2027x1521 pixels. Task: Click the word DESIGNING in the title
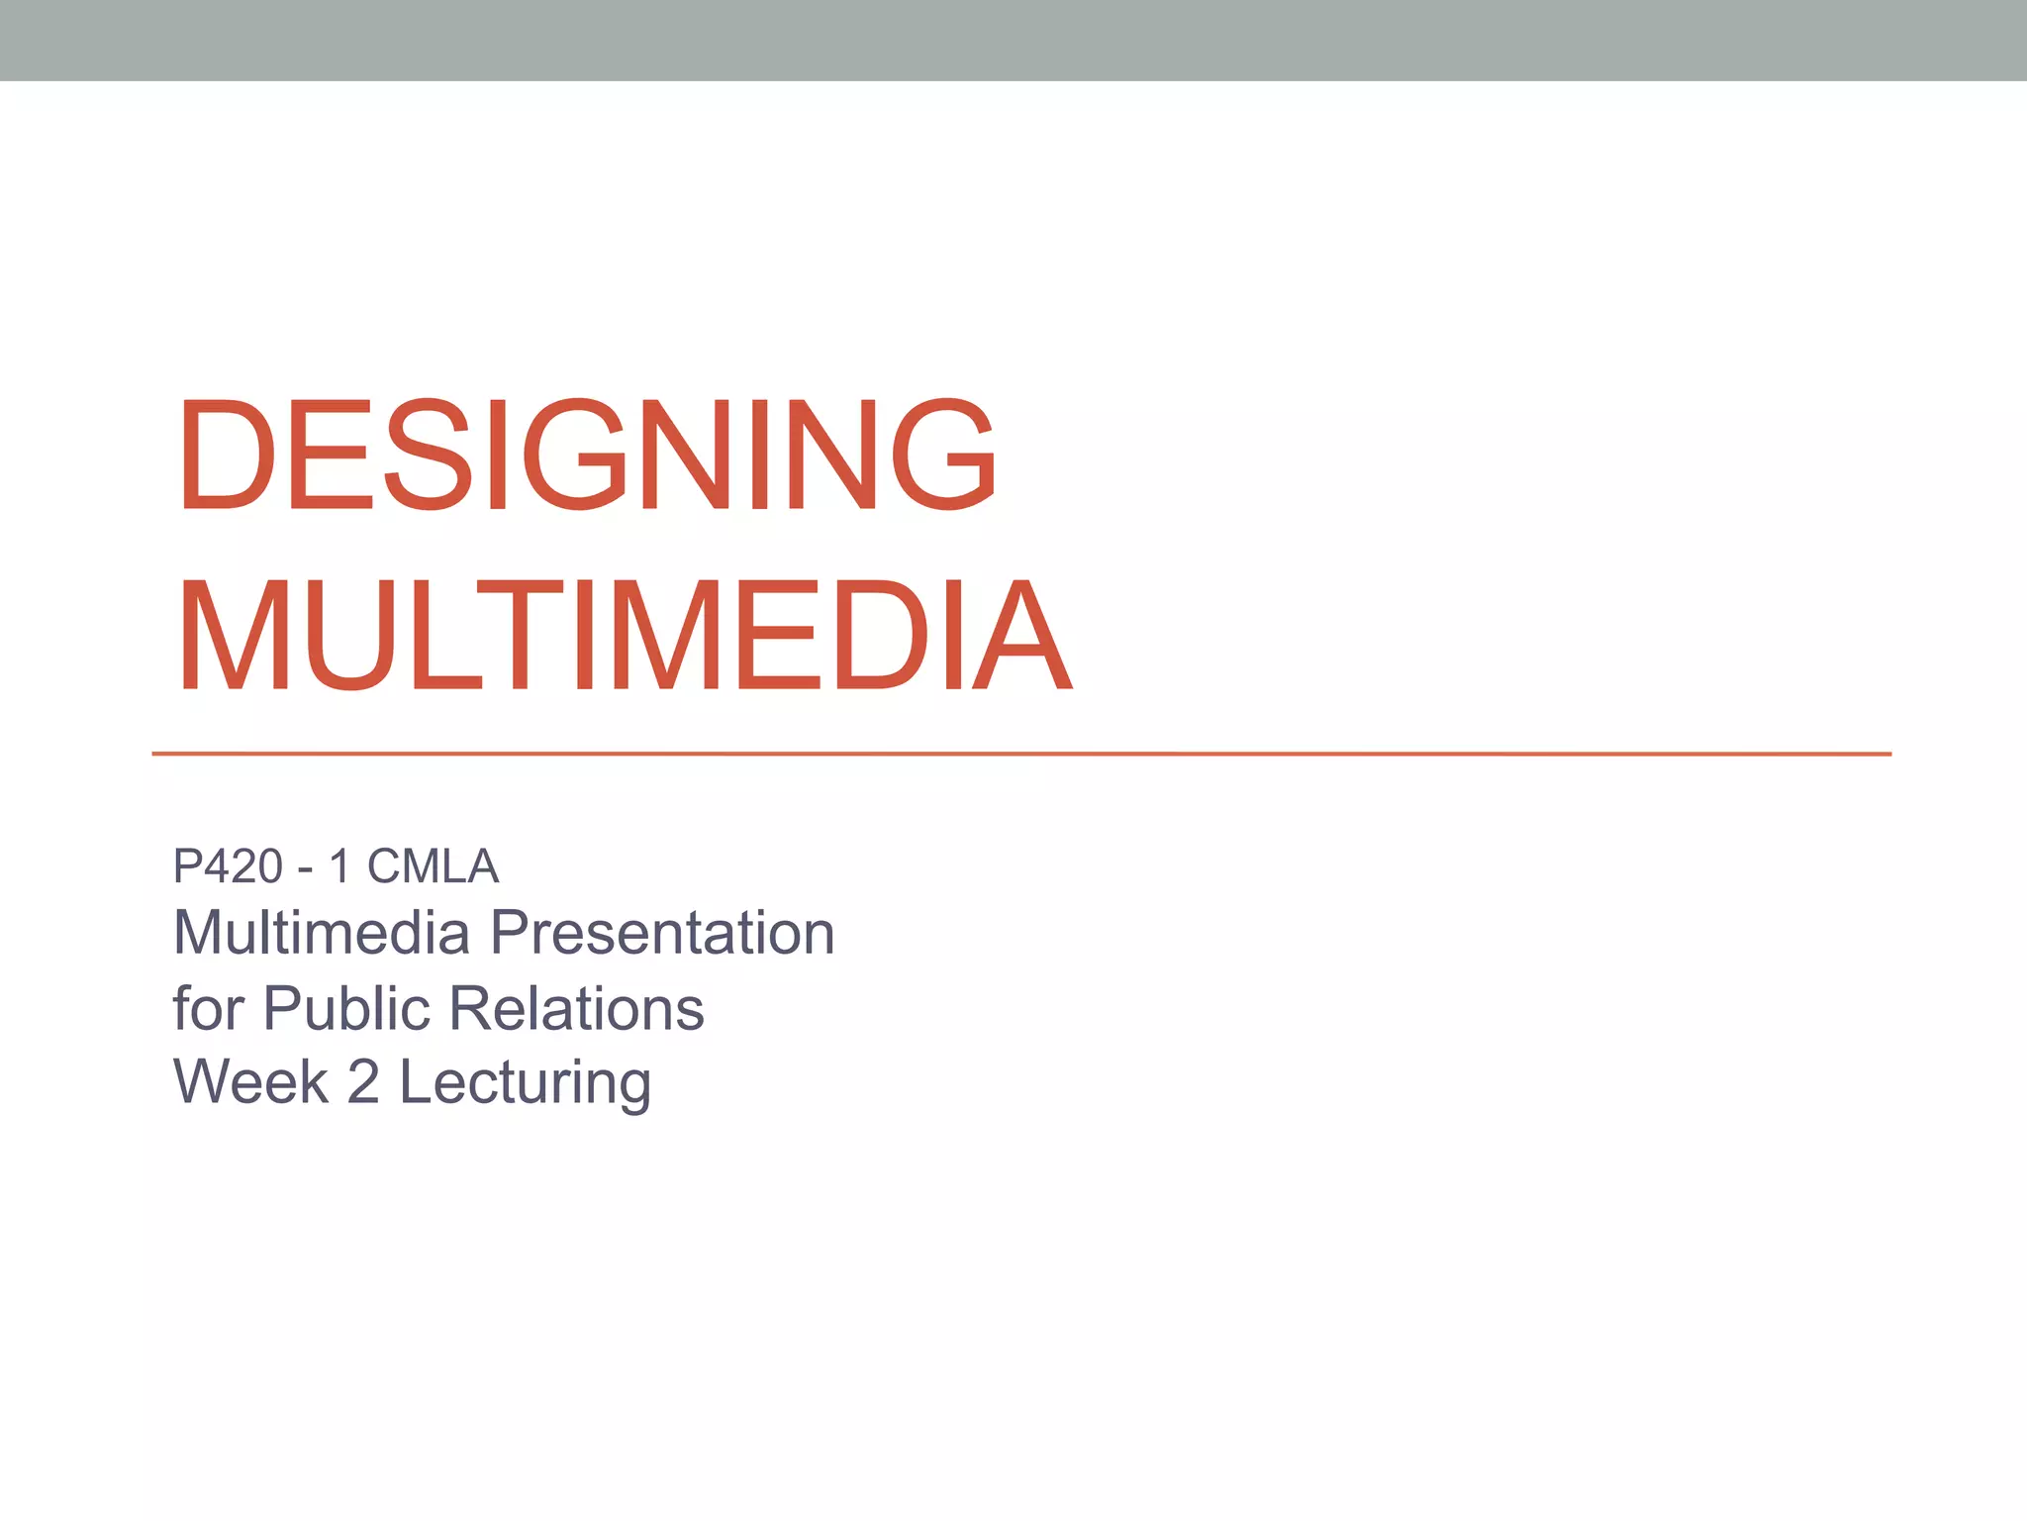click(x=586, y=455)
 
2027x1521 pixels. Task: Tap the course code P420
click(x=228, y=866)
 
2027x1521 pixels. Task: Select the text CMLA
click(x=433, y=866)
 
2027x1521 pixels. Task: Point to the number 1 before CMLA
click(x=339, y=866)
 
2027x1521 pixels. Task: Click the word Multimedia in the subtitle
click(x=321, y=933)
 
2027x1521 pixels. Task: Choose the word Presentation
click(x=662, y=933)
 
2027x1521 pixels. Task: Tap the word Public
click(x=346, y=1008)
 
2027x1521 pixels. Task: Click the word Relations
click(x=577, y=1008)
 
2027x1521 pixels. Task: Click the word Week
click(x=250, y=1081)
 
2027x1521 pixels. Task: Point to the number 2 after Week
click(x=363, y=1081)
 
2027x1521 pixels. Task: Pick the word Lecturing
click(x=525, y=1083)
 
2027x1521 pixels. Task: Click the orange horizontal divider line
click(x=1019, y=754)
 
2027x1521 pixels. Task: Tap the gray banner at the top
click(x=1013, y=40)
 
